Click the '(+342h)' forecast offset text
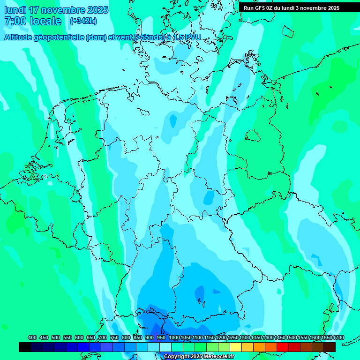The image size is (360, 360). click(x=83, y=21)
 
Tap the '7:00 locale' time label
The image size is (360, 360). click(x=33, y=21)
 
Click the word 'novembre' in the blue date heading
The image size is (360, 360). click(x=60, y=10)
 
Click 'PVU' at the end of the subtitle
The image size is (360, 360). click(x=192, y=37)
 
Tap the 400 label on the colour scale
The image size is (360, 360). click(x=32, y=337)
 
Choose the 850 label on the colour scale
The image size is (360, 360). click(x=138, y=337)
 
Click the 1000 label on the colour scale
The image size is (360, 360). click(x=174, y=337)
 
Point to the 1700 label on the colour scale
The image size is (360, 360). click(x=338, y=337)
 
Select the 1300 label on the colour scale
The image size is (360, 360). click(x=245, y=337)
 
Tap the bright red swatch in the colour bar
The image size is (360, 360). click(x=283, y=347)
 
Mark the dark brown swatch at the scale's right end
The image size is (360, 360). click(x=330, y=347)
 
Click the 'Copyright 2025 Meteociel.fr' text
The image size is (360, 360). click(x=199, y=357)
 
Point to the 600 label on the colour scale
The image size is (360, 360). click(x=79, y=337)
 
